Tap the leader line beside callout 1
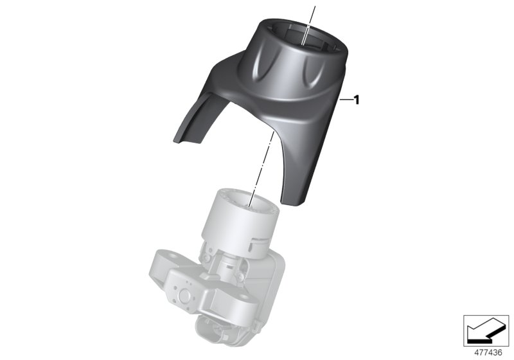pyautogui.click(x=345, y=100)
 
